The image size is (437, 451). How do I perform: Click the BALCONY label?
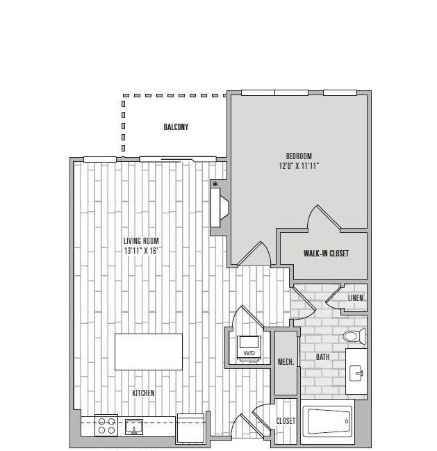coord(176,127)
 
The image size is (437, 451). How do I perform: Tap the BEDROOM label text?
coord(299,156)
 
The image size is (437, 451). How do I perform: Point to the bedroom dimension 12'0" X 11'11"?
coord(299,166)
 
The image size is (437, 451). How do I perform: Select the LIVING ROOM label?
coord(141,240)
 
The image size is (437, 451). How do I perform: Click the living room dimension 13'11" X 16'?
coord(141,251)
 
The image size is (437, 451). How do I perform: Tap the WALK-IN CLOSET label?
coord(326,254)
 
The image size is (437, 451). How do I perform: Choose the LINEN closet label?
coord(355,298)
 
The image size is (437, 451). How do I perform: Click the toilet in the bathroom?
coord(354,336)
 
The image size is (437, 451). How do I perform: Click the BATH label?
coord(322,357)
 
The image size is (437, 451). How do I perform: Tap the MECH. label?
coord(286,362)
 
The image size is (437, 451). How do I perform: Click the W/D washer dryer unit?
coord(249,348)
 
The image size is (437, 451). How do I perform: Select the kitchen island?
coord(149,352)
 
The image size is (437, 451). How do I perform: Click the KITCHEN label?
coord(143,393)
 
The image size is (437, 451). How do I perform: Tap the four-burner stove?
coord(106,426)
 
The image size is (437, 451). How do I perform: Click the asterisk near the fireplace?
coord(215,184)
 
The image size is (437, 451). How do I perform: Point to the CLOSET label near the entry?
coord(286,421)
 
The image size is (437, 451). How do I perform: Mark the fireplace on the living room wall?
coord(219,208)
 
